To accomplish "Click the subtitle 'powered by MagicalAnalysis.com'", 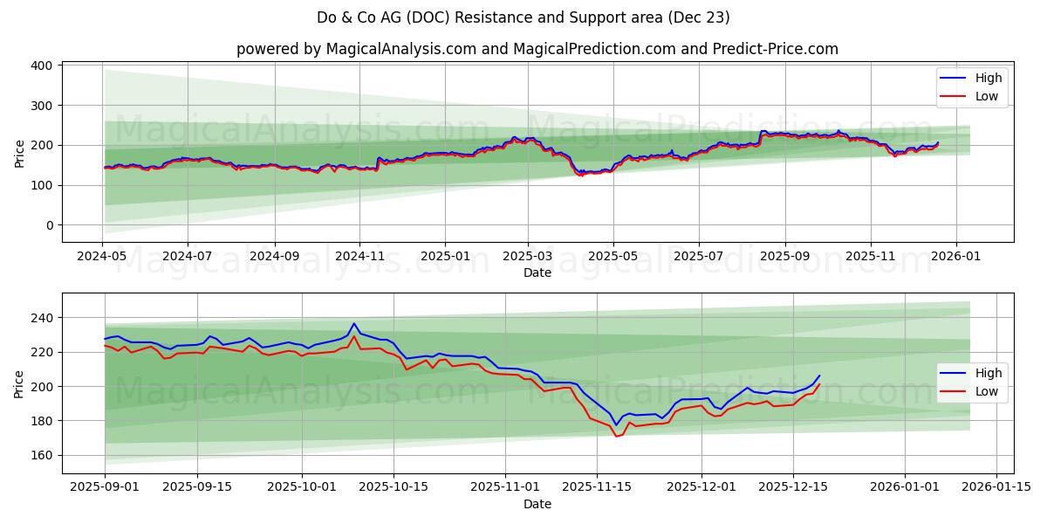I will coord(537,49).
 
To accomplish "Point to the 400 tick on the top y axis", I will coord(40,65).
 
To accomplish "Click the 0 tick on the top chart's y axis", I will coord(49,225).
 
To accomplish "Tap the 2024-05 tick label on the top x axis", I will coord(103,256).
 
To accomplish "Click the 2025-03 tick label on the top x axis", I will coord(528,256).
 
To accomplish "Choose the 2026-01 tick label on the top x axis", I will coord(955,256).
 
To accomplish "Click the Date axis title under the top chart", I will coord(537,272).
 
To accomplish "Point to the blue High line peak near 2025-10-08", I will coord(354,323).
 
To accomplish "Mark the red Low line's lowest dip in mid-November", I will coord(616,436).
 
